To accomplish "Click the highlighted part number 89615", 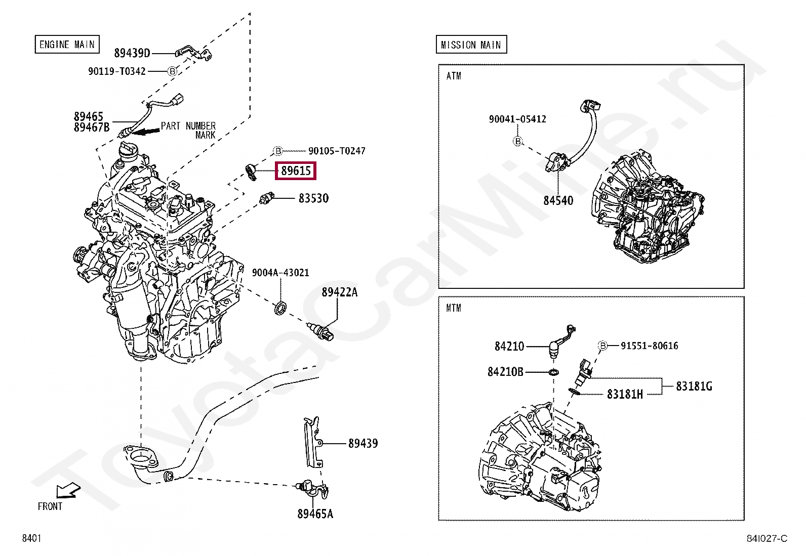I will click(296, 171).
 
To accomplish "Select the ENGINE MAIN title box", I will click(67, 45).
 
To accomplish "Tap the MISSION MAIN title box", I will click(471, 45).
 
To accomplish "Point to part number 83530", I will click(313, 198).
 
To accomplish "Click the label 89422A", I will click(339, 292).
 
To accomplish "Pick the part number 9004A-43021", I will click(280, 273).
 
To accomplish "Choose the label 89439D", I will click(132, 53).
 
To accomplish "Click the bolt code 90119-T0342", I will click(117, 71).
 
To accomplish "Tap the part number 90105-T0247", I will click(337, 151).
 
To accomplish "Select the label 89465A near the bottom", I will click(315, 514).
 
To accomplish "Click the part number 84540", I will click(558, 201).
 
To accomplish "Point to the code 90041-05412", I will click(517, 119).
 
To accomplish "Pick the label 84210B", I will click(505, 372).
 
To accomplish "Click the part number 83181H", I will click(625, 394).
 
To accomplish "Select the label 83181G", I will click(694, 387).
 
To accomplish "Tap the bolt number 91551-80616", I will click(650, 346).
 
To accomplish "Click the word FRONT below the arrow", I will click(50, 506).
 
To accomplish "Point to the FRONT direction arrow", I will click(68, 490).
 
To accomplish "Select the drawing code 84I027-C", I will click(767, 538).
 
